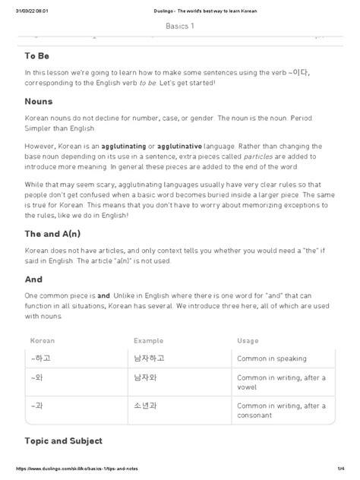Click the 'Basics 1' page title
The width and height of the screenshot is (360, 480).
(x=179, y=26)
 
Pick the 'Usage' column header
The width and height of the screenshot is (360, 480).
(x=248, y=341)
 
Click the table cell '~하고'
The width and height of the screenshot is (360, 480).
(x=41, y=358)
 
